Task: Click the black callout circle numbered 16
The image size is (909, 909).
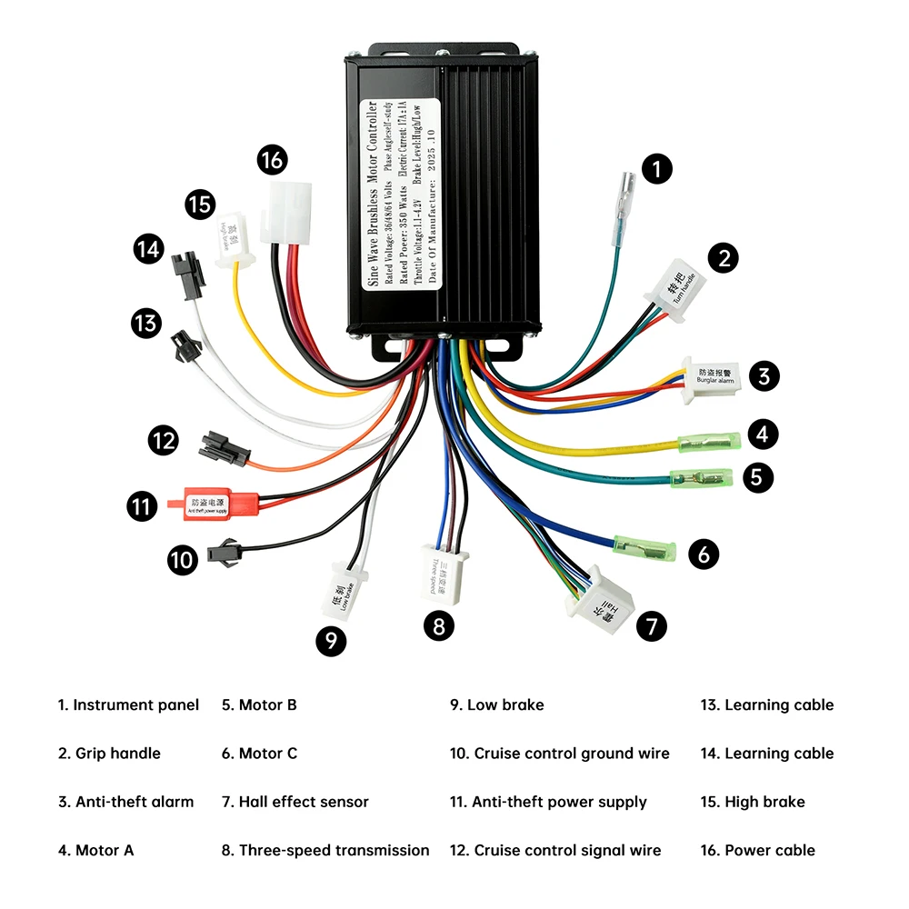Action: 272,161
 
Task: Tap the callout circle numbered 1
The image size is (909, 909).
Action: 658,168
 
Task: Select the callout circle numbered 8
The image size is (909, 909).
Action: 439,625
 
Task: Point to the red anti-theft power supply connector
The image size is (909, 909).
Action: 213,502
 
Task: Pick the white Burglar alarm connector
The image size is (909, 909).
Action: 714,375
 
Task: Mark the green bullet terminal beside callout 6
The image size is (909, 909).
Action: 645,548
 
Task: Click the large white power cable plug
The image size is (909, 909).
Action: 285,212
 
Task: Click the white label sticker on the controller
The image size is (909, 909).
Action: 402,194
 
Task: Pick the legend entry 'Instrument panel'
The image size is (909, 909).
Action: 128,704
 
